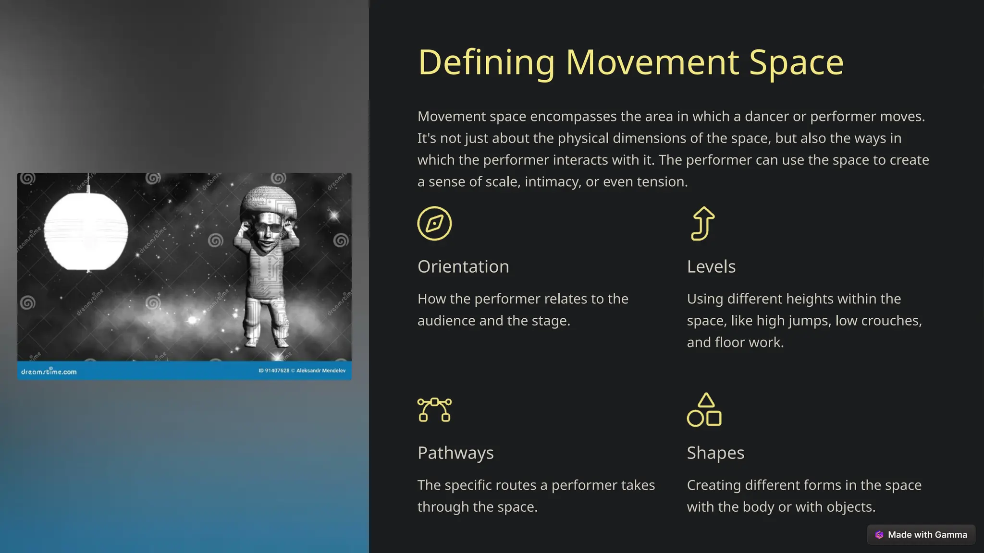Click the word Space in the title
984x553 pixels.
(x=796, y=63)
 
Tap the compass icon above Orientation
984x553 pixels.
(x=434, y=224)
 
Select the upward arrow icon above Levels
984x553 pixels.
(x=703, y=223)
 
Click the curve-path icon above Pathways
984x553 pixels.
(x=434, y=409)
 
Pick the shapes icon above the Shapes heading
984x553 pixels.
(x=704, y=410)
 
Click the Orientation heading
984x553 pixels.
(x=463, y=267)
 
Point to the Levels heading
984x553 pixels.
(x=711, y=267)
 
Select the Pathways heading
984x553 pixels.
(x=455, y=453)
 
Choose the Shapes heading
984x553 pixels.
(x=715, y=453)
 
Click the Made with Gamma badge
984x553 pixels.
(x=921, y=535)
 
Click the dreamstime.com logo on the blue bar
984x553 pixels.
(x=49, y=372)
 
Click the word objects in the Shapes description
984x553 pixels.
(x=849, y=507)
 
